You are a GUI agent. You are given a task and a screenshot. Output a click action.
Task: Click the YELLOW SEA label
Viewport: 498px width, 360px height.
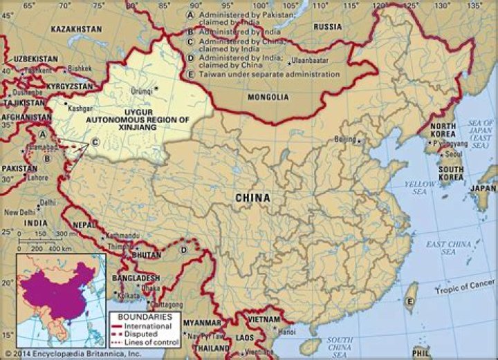(x=420, y=187)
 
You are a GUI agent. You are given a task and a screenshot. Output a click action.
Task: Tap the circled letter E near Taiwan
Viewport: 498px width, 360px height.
(x=410, y=301)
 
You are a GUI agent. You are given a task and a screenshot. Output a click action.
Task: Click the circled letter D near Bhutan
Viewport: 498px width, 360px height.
(x=184, y=249)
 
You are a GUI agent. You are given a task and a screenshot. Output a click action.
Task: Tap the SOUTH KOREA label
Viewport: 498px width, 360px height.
(x=451, y=174)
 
